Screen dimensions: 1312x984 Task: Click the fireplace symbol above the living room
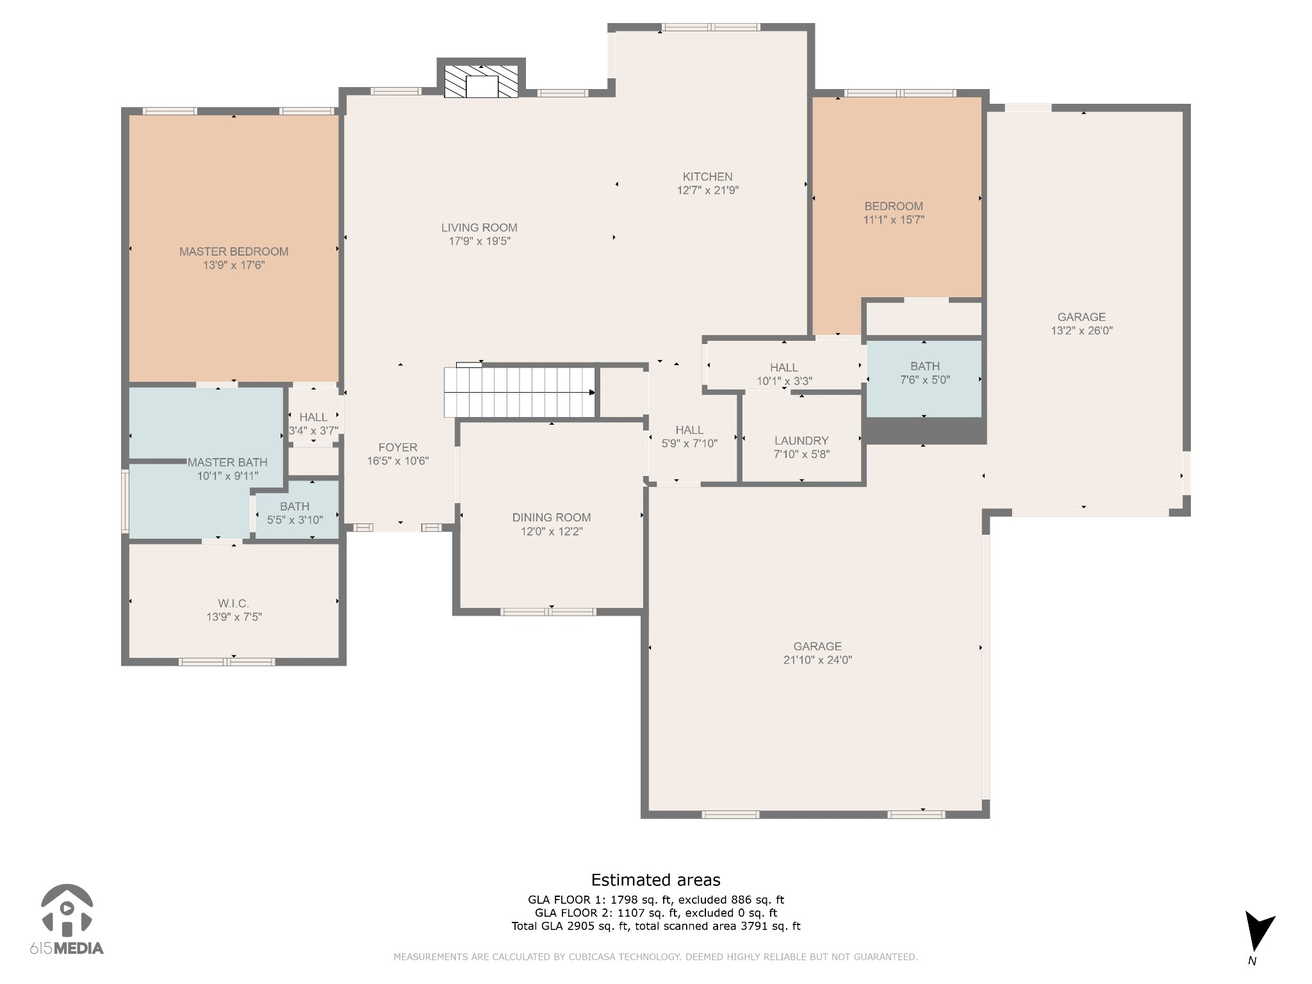click(x=481, y=81)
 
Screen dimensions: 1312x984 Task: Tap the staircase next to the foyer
click(x=520, y=391)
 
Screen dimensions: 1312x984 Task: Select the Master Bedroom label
click(x=234, y=252)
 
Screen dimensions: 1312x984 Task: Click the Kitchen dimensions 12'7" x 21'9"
click(x=708, y=190)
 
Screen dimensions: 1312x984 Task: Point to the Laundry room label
click(x=801, y=441)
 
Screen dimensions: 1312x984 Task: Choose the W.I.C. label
click(x=233, y=603)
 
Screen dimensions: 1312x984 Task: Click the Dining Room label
click(x=552, y=518)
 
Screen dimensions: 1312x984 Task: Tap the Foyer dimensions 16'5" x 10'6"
click(x=398, y=461)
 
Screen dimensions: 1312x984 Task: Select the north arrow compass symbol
click(x=1258, y=937)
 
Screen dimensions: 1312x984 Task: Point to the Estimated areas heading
click(x=655, y=880)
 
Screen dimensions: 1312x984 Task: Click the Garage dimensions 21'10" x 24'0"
click(x=817, y=660)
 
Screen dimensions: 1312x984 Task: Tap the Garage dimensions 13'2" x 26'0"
click(x=1081, y=331)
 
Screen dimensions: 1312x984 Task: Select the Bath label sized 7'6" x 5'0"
click(x=925, y=366)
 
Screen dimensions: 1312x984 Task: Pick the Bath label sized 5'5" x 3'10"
click(x=295, y=507)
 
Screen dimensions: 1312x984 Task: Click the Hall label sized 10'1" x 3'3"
click(x=784, y=368)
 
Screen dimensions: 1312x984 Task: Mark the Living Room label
click(x=479, y=227)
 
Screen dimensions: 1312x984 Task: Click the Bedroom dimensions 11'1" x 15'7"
click(x=894, y=220)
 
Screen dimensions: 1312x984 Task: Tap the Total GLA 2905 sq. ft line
click(x=656, y=926)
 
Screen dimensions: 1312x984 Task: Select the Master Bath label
click(x=227, y=463)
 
